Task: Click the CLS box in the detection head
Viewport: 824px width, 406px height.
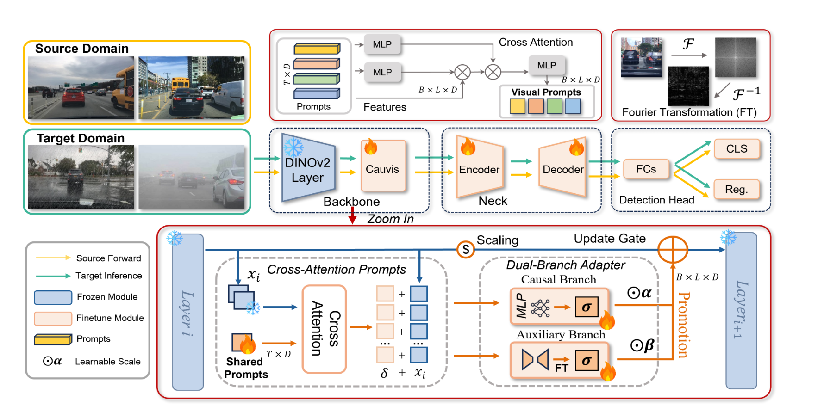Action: click(x=737, y=149)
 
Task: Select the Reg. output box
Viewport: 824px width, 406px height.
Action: click(x=737, y=189)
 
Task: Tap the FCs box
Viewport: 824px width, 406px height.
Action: click(x=646, y=169)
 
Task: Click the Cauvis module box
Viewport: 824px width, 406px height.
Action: click(x=383, y=166)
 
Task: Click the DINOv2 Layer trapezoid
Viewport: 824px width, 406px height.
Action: click(x=308, y=167)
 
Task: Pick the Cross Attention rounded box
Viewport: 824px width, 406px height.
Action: click(x=324, y=329)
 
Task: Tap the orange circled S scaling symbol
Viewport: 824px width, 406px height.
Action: click(x=466, y=250)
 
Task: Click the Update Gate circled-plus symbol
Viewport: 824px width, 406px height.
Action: click(x=673, y=250)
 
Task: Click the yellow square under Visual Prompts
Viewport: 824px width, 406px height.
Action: click(x=518, y=106)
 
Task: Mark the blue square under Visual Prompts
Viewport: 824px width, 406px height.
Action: click(x=573, y=106)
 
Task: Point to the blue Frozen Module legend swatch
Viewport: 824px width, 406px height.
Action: click(x=53, y=297)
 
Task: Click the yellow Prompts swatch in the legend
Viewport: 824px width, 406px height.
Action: click(x=53, y=339)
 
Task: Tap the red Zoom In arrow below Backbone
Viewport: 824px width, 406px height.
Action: click(x=352, y=215)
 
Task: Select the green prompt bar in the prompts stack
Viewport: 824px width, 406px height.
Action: click(x=317, y=79)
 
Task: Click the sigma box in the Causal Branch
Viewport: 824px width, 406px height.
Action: click(x=587, y=307)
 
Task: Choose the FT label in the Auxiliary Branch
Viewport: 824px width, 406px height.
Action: click(x=562, y=368)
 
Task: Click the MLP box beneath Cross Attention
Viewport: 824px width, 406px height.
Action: click(x=547, y=66)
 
